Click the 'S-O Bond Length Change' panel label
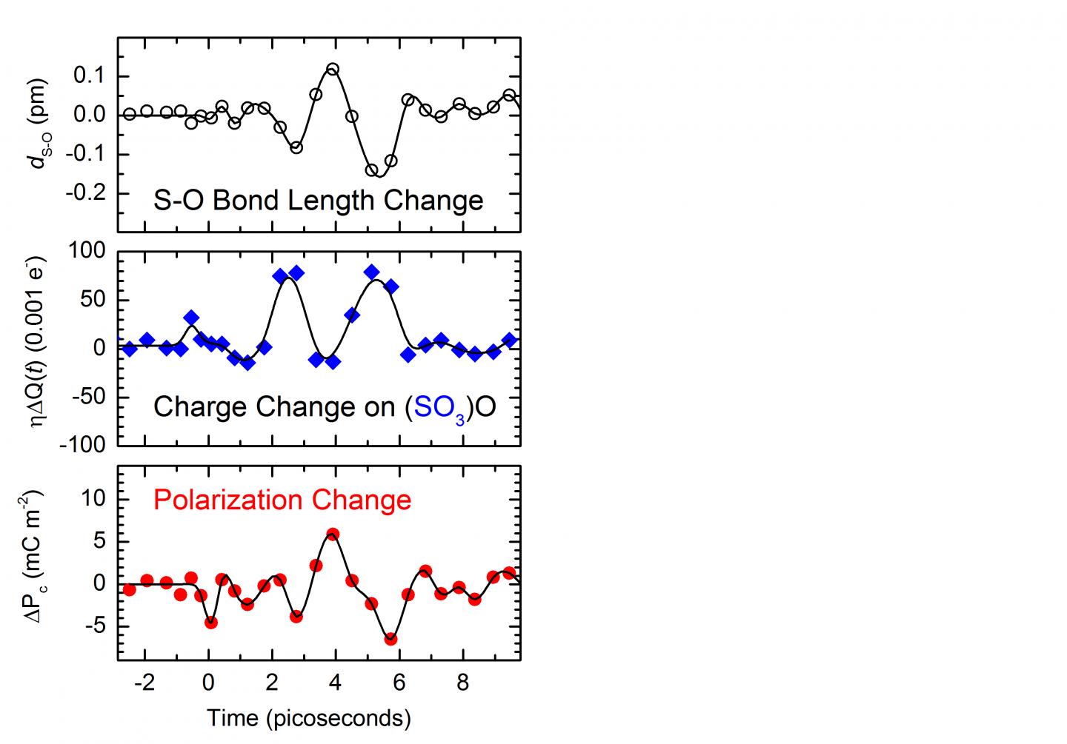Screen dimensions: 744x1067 coord(318,201)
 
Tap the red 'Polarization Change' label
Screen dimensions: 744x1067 coord(282,500)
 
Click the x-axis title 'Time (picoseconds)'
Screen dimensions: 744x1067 coord(308,717)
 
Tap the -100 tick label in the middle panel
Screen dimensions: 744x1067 coord(85,445)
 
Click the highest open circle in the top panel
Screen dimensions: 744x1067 coord(333,70)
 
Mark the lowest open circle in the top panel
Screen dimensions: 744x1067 coord(372,170)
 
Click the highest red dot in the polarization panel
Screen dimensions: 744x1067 coord(333,534)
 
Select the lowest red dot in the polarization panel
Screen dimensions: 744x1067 coord(390,639)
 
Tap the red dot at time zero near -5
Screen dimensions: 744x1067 coord(211,623)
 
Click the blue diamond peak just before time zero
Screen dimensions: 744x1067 coord(191,318)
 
